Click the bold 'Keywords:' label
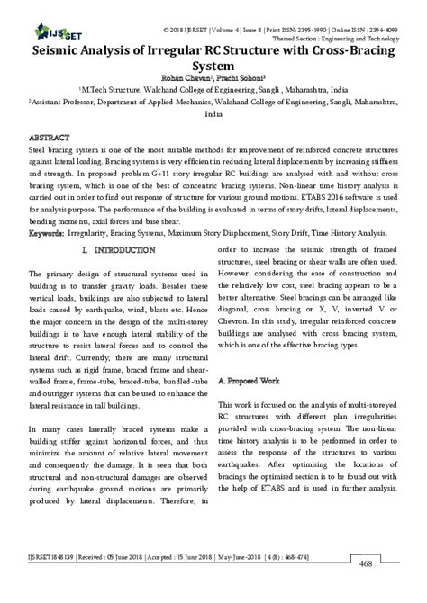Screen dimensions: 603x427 coord(46,232)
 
